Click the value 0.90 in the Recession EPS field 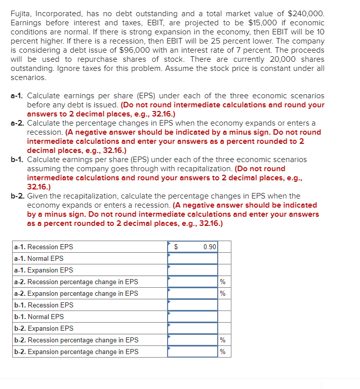(209, 247)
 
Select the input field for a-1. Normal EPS (192, 258)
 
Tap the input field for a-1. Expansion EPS (192, 270)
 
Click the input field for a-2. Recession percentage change (192, 282)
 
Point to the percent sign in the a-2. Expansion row (222, 294)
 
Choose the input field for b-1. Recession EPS (192, 305)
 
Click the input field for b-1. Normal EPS (192, 317)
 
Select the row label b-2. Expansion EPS (44, 328)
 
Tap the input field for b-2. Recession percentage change (192, 340)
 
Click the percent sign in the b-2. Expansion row (222, 352)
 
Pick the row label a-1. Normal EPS (39, 258)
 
